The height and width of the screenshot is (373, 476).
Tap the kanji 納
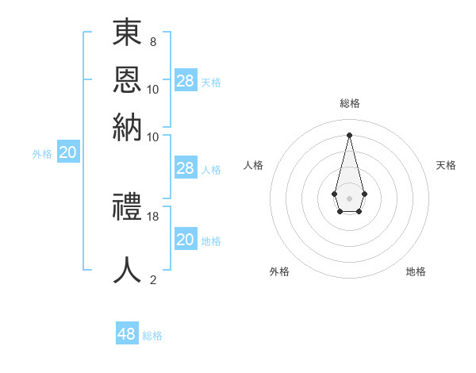[x=128, y=128]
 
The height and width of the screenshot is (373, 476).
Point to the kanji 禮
[x=128, y=208]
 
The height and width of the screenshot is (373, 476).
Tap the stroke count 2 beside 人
[x=152, y=279]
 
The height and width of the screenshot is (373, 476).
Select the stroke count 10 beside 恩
[x=153, y=89]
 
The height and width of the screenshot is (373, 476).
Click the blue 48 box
[x=127, y=334]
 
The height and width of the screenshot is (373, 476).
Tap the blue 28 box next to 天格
[x=186, y=81]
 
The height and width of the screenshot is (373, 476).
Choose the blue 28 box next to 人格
[x=186, y=168]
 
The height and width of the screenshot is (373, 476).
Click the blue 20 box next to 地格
[x=186, y=240]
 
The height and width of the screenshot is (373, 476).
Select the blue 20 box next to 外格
[x=68, y=153]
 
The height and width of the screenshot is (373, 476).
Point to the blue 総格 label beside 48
[x=152, y=336]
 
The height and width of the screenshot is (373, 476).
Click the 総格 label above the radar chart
[x=349, y=103]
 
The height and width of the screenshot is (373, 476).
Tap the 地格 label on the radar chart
[x=416, y=271]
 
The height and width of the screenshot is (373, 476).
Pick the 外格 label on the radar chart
[x=279, y=271]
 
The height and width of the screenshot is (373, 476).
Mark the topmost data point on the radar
[x=349, y=134]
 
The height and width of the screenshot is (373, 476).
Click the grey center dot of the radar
[x=349, y=198]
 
